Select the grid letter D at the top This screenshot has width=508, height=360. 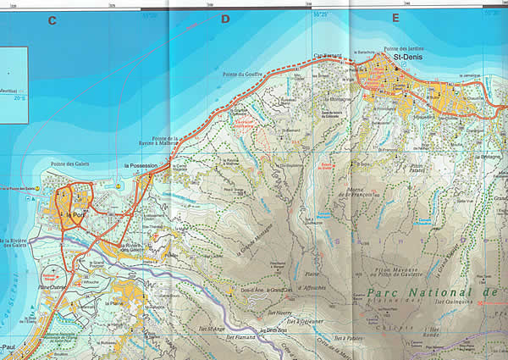pyautogui.click(x=225, y=19)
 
